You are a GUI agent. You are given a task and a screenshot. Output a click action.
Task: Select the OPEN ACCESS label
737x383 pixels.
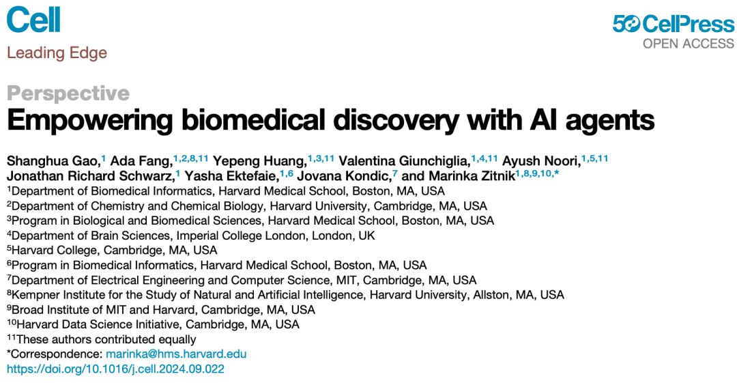click(689, 44)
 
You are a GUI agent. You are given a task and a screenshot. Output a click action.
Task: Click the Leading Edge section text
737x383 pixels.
click(57, 53)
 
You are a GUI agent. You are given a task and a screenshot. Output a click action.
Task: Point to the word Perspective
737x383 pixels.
click(68, 94)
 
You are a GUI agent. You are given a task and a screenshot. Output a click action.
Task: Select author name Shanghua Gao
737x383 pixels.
click(53, 161)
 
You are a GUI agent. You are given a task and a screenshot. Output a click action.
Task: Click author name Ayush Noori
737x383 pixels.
click(541, 161)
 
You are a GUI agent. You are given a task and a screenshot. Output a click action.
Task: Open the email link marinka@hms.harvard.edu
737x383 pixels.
click(176, 354)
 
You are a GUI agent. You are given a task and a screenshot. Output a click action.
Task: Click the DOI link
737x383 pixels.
click(115, 369)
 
